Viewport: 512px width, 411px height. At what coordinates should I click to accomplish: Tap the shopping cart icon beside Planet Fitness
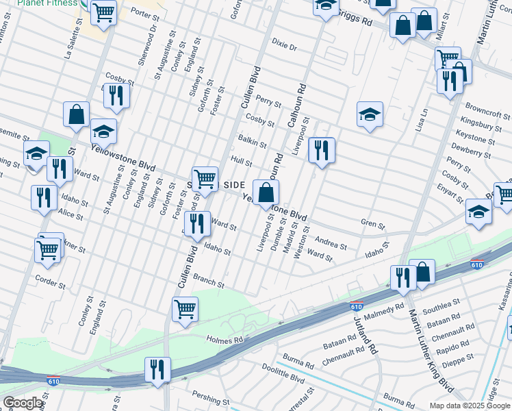(x=103, y=12)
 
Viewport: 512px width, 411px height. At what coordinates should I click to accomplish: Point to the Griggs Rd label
(x=357, y=22)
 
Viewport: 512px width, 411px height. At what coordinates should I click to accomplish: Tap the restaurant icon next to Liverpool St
(x=321, y=149)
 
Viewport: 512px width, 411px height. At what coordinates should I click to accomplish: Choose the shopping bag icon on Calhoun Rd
(x=266, y=191)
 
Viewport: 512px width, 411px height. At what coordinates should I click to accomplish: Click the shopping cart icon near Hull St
(x=205, y=179)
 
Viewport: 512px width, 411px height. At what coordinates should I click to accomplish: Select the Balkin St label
(x=253, y=141)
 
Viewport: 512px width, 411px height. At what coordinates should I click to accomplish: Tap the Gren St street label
(x=373, y=224)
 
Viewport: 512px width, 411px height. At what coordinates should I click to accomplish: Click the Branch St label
(x=209, y=282)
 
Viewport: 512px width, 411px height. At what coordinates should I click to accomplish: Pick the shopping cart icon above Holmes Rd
(x=185, y=308)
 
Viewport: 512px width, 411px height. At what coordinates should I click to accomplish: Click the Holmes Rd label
(x=225, y=340)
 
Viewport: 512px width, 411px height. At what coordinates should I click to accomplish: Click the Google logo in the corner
(x=23, y=403)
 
